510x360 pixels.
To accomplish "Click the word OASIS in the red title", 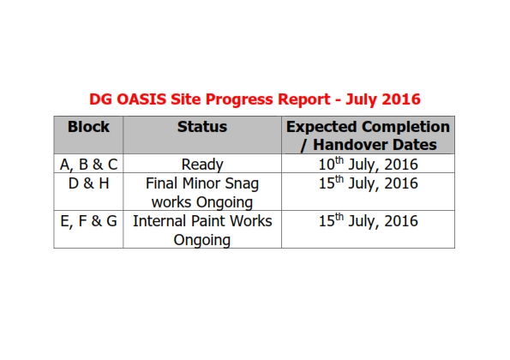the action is click(141, 99).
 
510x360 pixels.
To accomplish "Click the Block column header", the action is click(88, 127).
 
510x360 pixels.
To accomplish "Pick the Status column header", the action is click(202, 127).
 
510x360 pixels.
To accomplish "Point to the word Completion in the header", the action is click(405, 127).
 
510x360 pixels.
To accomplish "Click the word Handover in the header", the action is click(350, 145).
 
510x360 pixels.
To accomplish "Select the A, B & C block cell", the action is click(88, 165).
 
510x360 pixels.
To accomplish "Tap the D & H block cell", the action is click(88, 183).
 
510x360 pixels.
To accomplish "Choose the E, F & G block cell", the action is click(88, 221).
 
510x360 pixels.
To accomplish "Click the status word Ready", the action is click(202, 165).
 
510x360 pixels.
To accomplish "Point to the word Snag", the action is click(242, 184).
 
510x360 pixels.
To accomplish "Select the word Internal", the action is click(160, 221).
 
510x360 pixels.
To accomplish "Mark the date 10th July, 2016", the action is click(368, 165).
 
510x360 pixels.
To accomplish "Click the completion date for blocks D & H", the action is click(368, 183).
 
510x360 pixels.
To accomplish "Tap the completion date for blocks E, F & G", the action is click(368, 221).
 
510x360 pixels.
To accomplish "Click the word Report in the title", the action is click(304, 100).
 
